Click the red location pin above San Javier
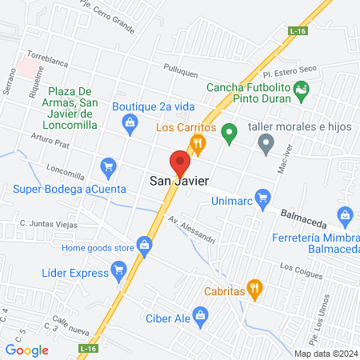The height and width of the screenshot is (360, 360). click(x=180, y=162)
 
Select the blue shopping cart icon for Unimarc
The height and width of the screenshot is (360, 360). click(x=262, y=197)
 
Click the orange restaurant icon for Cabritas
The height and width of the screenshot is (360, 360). click(x=254, y=288)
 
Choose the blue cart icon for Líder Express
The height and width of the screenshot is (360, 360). click(x=118, y=272)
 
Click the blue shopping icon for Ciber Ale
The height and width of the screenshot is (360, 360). click(x=198, y=313)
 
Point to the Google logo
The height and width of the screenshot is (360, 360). click(x=27, y=349)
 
